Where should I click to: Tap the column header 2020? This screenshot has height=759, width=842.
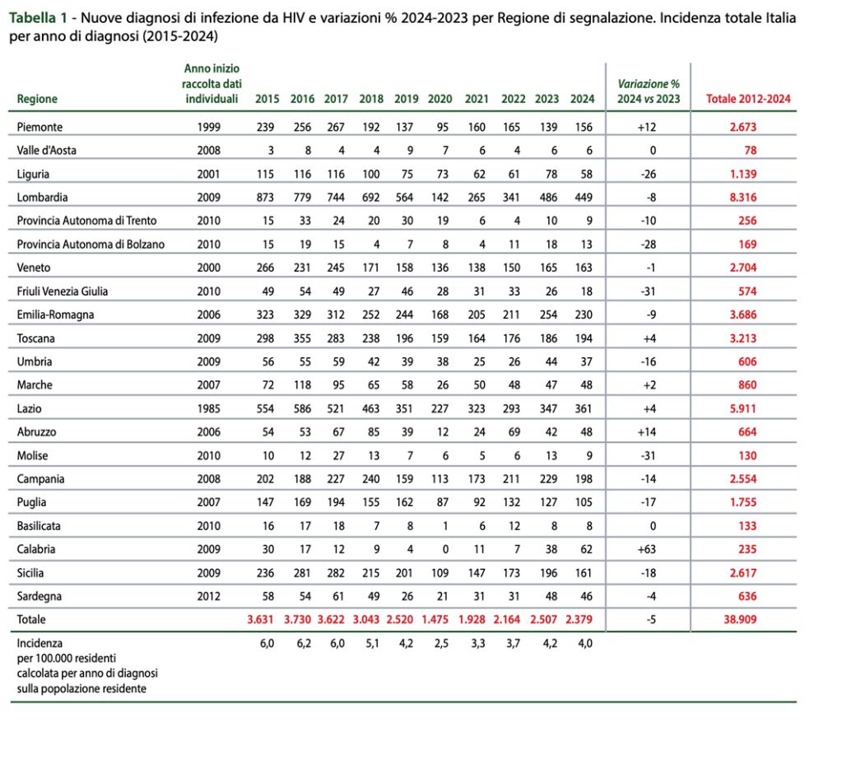point(440,100)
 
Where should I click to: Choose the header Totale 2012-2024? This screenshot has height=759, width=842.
point(748,100)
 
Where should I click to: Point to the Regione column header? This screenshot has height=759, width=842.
point(37,100)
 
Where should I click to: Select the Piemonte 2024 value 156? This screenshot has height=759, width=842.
point(583,128)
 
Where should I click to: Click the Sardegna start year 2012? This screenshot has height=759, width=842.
point(209,595)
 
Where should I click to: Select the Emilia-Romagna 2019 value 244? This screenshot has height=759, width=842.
point(406,314)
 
